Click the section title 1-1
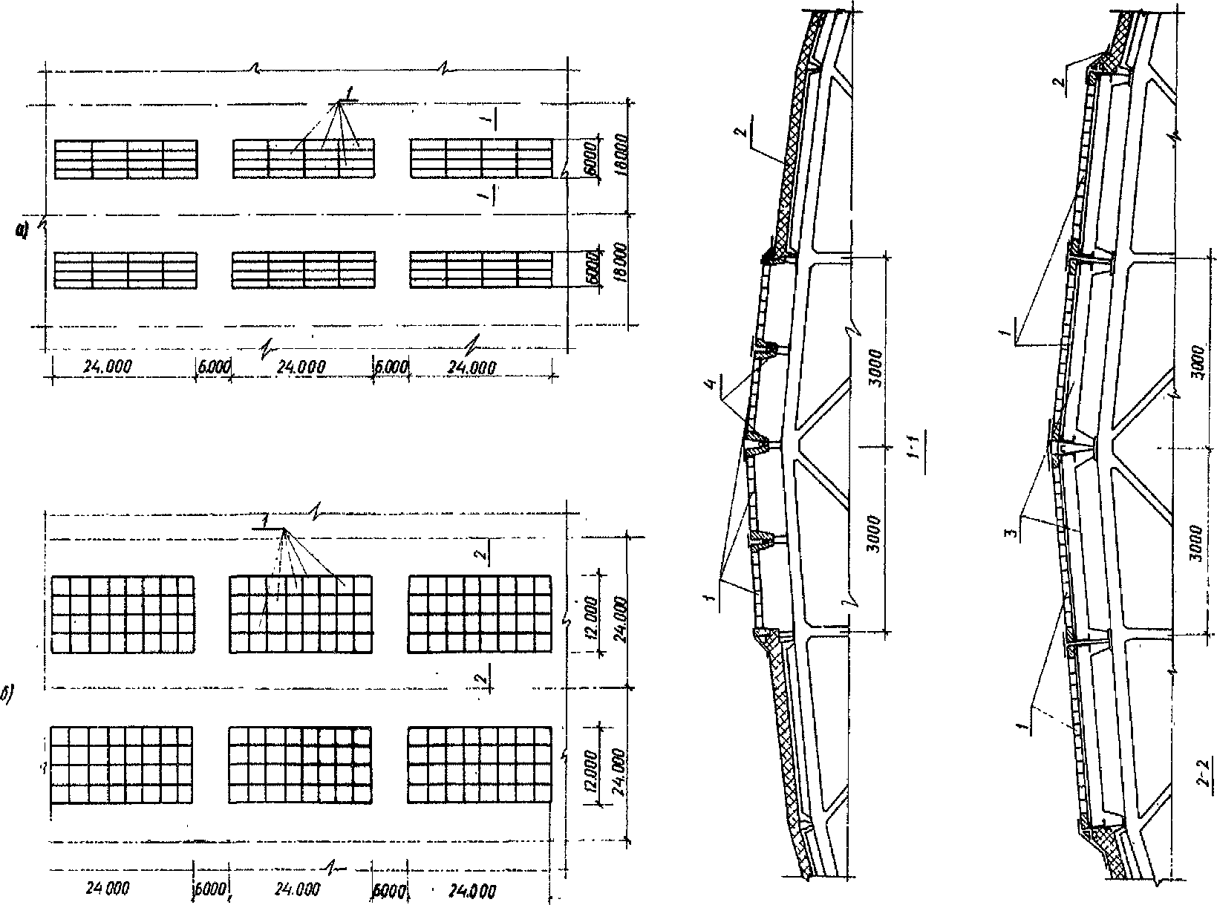(x=919, y=465)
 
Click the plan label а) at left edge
(x=24, y=232)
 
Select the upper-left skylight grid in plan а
(x=126, y=159)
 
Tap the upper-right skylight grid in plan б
(x=480, y=614)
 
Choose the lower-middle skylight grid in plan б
(x=301, y=765)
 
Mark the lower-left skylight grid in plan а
(x=126, y=270)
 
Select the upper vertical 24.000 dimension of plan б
(x=622, y=614)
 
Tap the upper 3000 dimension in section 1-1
(x=877, y=366)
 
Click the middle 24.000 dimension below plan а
(x=301, y=367)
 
